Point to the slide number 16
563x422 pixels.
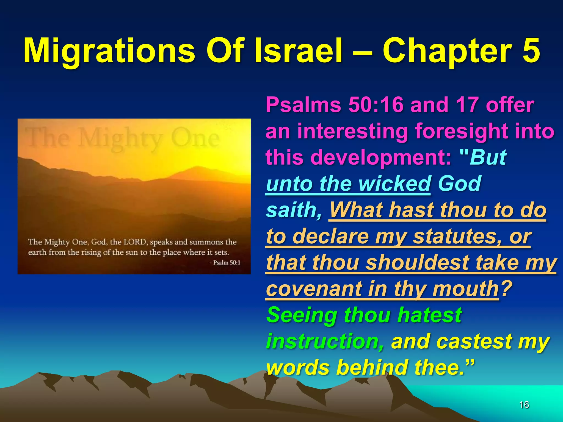point(524,405)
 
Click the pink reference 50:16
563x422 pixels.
point(376,105)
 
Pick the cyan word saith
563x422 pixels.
point(294,210)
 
